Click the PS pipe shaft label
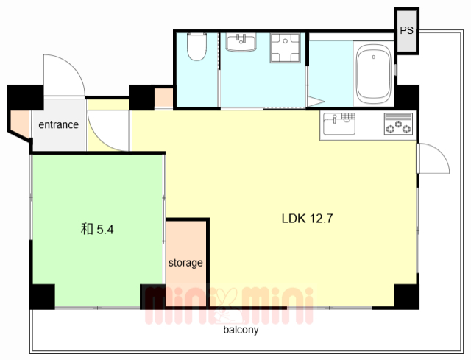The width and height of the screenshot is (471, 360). (x=406, y=30)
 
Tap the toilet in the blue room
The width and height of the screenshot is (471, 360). (x=196, y=46)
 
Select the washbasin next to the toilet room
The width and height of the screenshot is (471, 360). (x=241, y=43)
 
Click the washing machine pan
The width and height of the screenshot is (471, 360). (x=285, y=48)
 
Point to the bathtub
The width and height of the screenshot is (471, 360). (x=373, y=74)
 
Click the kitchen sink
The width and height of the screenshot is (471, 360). (x=339, y=124)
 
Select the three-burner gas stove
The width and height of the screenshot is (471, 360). (x=398, y=124)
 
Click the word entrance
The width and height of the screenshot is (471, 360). (x=59, y=124)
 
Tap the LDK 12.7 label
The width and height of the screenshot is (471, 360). (x=308, y=219)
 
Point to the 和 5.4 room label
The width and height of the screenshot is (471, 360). (x=97, y=229)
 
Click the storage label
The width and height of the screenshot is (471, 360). (x=185, y=263)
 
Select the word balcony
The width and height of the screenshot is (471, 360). (x=241, y=330)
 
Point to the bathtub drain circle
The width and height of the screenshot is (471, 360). (x=373, y=57)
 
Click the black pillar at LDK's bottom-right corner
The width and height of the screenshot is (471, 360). (x=407, y=297)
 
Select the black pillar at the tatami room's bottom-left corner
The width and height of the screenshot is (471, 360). (x=42, y=297)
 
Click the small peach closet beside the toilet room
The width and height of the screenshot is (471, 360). (x=163, y=97)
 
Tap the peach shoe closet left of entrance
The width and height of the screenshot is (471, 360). (x=21, y=124)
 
